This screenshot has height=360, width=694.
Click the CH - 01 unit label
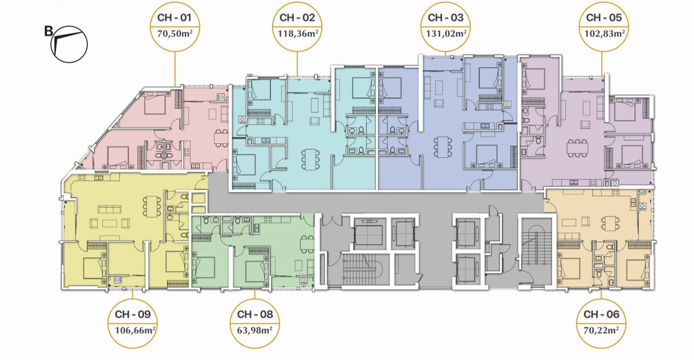coord(175,17)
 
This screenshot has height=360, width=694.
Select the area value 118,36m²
coord(298,33)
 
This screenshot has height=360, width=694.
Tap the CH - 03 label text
coord(446,17)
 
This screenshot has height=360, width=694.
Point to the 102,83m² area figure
coord(604,33)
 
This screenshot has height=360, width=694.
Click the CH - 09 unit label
coord(132,314)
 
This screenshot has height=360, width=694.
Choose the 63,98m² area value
coord(255,330)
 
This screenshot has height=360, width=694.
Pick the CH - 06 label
coord(602,314)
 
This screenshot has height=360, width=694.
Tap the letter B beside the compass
coord(48,32)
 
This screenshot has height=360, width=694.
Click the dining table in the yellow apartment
coord(152,206)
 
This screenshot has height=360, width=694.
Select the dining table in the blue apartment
coord(443,147)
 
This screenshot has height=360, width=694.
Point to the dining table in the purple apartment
coord(577,148)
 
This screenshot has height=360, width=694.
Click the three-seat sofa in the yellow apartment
coord(109,209)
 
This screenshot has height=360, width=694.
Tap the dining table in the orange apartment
coord(610,224)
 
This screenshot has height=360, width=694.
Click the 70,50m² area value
coord(175,33)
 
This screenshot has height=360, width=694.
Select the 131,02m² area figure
coord(446,33)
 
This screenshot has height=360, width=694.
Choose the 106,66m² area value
coord(135,330)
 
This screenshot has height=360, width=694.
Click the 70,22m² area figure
coord(601,330)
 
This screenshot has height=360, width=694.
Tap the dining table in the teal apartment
coord(310,159)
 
